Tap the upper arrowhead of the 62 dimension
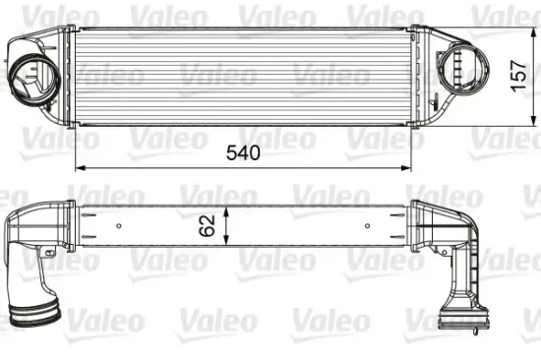pos(227,210)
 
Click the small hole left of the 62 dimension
pos(118,227)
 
